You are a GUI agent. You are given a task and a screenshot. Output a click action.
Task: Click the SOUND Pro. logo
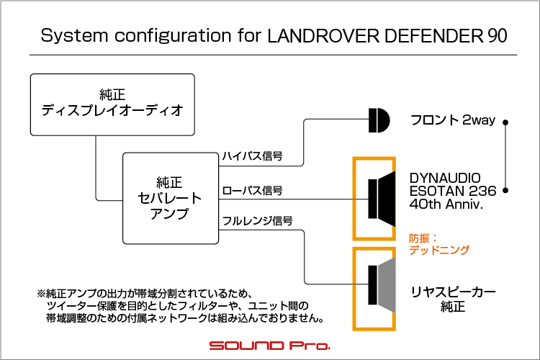[x=270, y=346]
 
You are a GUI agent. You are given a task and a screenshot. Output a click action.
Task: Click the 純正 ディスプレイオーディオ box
[x=112, y=104]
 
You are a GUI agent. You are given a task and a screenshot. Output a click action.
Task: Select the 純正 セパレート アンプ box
[x=171, y=198]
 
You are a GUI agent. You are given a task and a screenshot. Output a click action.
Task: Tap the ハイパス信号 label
[x=252, y=156]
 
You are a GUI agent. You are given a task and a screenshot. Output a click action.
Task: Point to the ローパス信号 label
[x=252, y=191]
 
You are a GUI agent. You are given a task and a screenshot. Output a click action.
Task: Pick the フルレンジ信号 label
[x=258, y=220]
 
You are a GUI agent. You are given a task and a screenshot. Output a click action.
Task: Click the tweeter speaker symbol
[x=379, y=120]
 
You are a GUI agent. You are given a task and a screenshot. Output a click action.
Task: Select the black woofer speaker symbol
[x=382, y=199]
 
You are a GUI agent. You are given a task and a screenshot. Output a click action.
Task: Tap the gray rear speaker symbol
[x=382, y=285]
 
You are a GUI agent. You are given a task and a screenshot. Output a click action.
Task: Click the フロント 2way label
[x=453, y=120]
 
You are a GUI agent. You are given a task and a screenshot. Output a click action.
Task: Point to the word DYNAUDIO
[x=445, y=178]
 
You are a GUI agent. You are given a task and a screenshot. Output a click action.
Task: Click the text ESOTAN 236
[x=453, y=191]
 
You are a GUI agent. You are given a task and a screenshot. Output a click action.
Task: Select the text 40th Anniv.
[x=446, y=204]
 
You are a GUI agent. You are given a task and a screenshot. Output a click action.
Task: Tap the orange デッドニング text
[x=439, y=250]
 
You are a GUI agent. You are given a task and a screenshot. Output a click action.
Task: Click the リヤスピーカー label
[x=453, y=292]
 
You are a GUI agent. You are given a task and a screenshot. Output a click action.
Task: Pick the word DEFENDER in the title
[x=433, y=35]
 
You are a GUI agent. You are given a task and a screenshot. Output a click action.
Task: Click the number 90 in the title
[x=498, y=35]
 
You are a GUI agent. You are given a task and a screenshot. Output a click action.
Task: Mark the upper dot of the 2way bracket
[x=505, y=122]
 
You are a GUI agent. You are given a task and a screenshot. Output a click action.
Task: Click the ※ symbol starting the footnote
[x=41, y=294]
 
